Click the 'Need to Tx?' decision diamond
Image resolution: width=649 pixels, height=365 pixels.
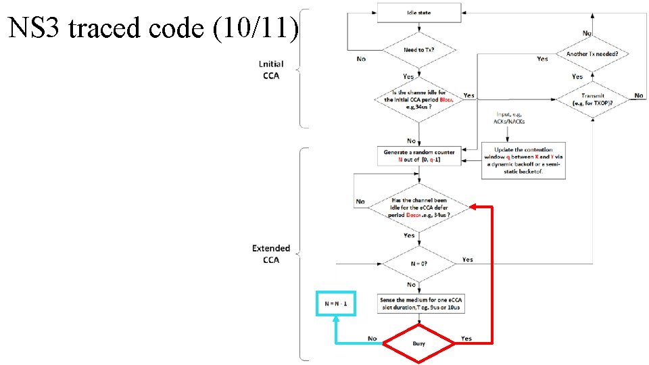click(x=418, y=49)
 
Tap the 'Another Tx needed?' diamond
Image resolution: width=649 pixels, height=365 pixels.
click(x=592, y=53)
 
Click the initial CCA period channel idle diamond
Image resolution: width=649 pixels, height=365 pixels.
click(x=418, y=99)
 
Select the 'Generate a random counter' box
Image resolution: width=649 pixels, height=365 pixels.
click(x=418, y=156)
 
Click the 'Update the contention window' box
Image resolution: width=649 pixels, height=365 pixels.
click(x=523, y=161)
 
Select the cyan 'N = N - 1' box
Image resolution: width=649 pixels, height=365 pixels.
click(x=336, y=303)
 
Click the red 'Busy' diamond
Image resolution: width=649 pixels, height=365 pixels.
click(x=418, y=343)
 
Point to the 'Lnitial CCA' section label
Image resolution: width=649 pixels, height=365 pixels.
click(x=271, y=70)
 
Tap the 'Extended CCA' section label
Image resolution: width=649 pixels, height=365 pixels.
click(x=271, y=253)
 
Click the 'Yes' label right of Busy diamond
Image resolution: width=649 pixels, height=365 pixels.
click(x=466, y=339)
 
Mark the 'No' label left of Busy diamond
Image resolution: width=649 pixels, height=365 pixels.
click(x=372, y=339)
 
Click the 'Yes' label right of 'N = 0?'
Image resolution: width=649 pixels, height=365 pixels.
click(x=467, y=260)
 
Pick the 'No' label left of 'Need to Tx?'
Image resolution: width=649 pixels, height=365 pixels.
click(x=361, y=59)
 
